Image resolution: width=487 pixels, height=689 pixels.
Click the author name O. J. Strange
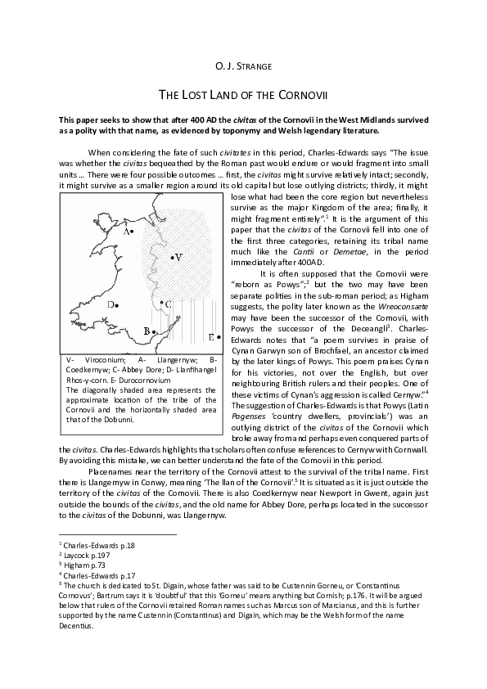coord(243,64)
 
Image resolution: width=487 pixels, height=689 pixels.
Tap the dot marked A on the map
coord(133,232)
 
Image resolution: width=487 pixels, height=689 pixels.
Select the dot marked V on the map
coord(172,258)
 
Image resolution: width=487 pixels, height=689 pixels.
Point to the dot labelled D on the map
coord(117,304)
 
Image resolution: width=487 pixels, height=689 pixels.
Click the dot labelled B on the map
coord(152,332)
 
